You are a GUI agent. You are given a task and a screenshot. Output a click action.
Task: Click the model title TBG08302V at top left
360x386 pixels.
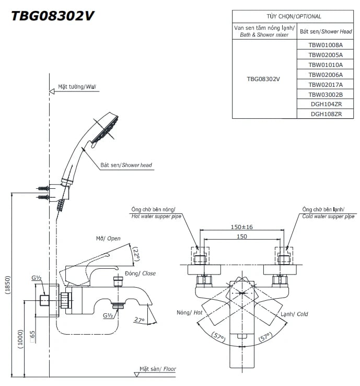point(53,16)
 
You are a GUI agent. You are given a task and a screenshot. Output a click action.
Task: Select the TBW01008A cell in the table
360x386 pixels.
point(325,45)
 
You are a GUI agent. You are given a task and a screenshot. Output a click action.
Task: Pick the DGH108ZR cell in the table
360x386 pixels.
point(325,113)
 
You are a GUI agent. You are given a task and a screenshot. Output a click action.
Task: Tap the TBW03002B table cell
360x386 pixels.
point(325,94)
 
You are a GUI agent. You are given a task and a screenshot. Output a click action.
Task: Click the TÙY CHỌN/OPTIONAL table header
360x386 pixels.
point(294,16)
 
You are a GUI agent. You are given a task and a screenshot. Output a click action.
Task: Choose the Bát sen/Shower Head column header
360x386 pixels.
point(326,31)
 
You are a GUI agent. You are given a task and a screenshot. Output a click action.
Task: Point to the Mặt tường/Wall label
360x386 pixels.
point(77,87)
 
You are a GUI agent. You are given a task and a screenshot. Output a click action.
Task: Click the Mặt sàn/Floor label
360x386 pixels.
point(157,369)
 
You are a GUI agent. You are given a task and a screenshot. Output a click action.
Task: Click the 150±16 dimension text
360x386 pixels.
point(241,227)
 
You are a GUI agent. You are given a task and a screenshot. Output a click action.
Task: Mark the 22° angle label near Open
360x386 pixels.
point(136,255)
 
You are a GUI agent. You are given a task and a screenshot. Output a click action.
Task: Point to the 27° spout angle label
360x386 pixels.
point(139,320)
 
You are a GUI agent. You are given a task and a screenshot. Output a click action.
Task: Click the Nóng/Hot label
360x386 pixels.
point(189,313)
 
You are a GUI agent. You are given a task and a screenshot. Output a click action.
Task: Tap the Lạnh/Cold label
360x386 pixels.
point(295,314)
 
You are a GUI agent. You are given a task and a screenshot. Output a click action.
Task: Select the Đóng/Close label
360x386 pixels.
point(140,274)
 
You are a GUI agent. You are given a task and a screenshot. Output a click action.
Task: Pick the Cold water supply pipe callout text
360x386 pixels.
point(328,212)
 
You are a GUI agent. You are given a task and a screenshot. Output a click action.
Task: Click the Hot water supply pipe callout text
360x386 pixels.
point(155,212)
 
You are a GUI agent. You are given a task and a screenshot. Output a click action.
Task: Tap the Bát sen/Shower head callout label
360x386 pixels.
point(126,165)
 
